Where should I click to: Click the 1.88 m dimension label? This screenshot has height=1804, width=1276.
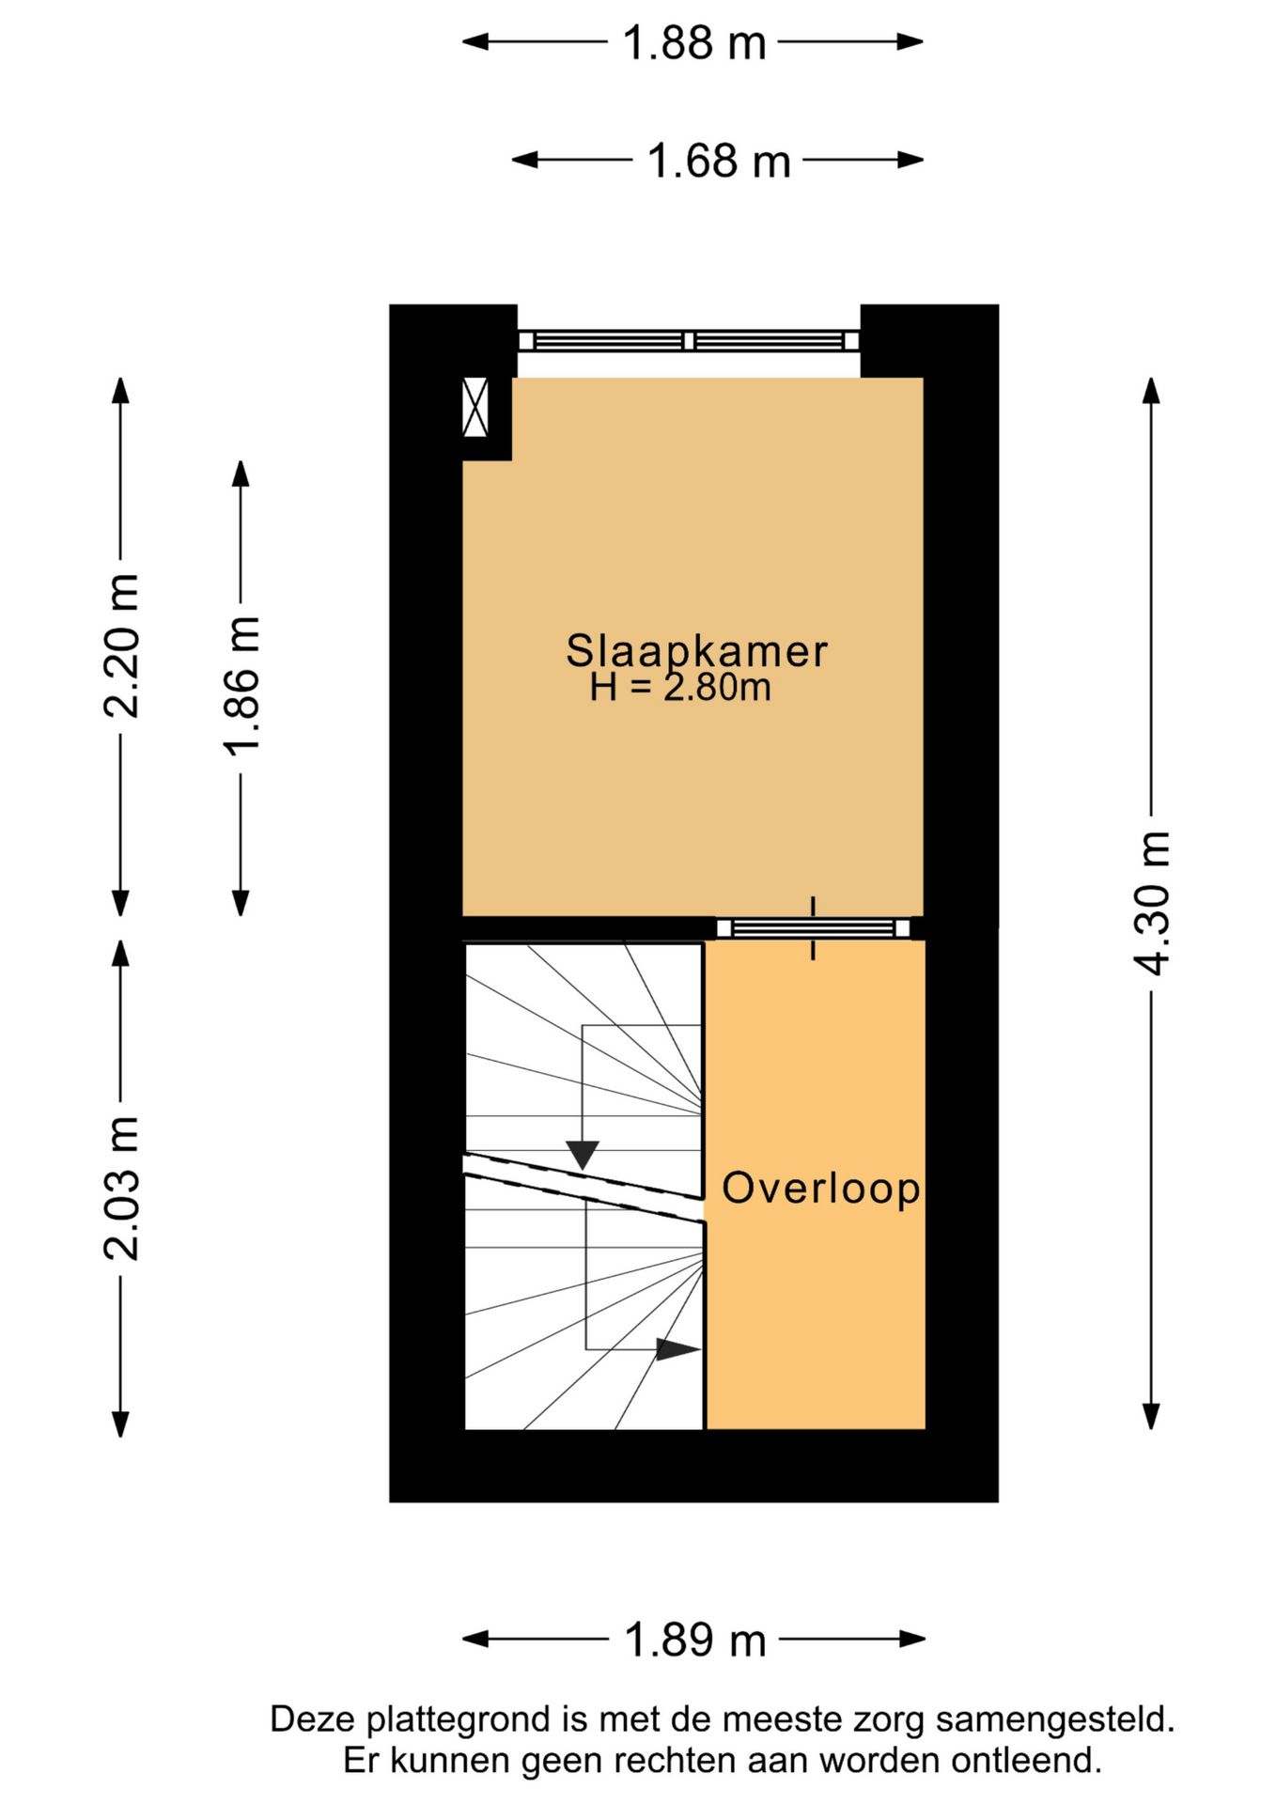694,43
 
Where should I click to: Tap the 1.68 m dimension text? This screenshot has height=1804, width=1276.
719,162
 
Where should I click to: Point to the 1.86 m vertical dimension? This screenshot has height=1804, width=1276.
241,686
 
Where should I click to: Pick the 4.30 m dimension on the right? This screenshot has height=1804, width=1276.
1152,903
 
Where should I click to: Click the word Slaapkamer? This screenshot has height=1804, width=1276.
696,651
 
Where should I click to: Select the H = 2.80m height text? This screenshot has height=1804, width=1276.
680,688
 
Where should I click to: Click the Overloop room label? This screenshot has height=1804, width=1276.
820,1188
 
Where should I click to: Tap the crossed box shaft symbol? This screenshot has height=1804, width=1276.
476,407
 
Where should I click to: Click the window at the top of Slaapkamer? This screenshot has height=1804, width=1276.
689,341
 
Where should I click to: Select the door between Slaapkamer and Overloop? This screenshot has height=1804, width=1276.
814,928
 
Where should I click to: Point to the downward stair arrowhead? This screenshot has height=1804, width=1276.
583,1154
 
